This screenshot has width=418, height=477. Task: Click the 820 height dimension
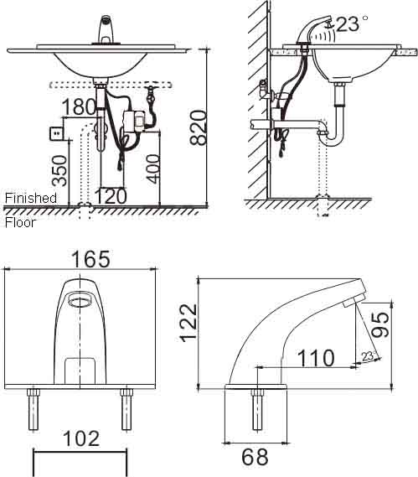(x=199, y=127)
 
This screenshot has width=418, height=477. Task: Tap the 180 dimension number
(x=79, y=106)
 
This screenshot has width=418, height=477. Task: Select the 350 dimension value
(x=59, y=171)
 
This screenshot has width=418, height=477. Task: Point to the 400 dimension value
(x=152, y=169)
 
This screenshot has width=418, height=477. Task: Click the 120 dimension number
(x=111, y=196)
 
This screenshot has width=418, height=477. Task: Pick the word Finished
(x=31, y=199)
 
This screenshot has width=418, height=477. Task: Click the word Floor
(x=20, y=223)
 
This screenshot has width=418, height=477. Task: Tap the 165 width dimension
(x=91, y=259)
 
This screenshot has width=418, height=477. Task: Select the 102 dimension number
(x=81, y=438)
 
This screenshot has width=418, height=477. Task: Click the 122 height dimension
(x=189, y=323)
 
